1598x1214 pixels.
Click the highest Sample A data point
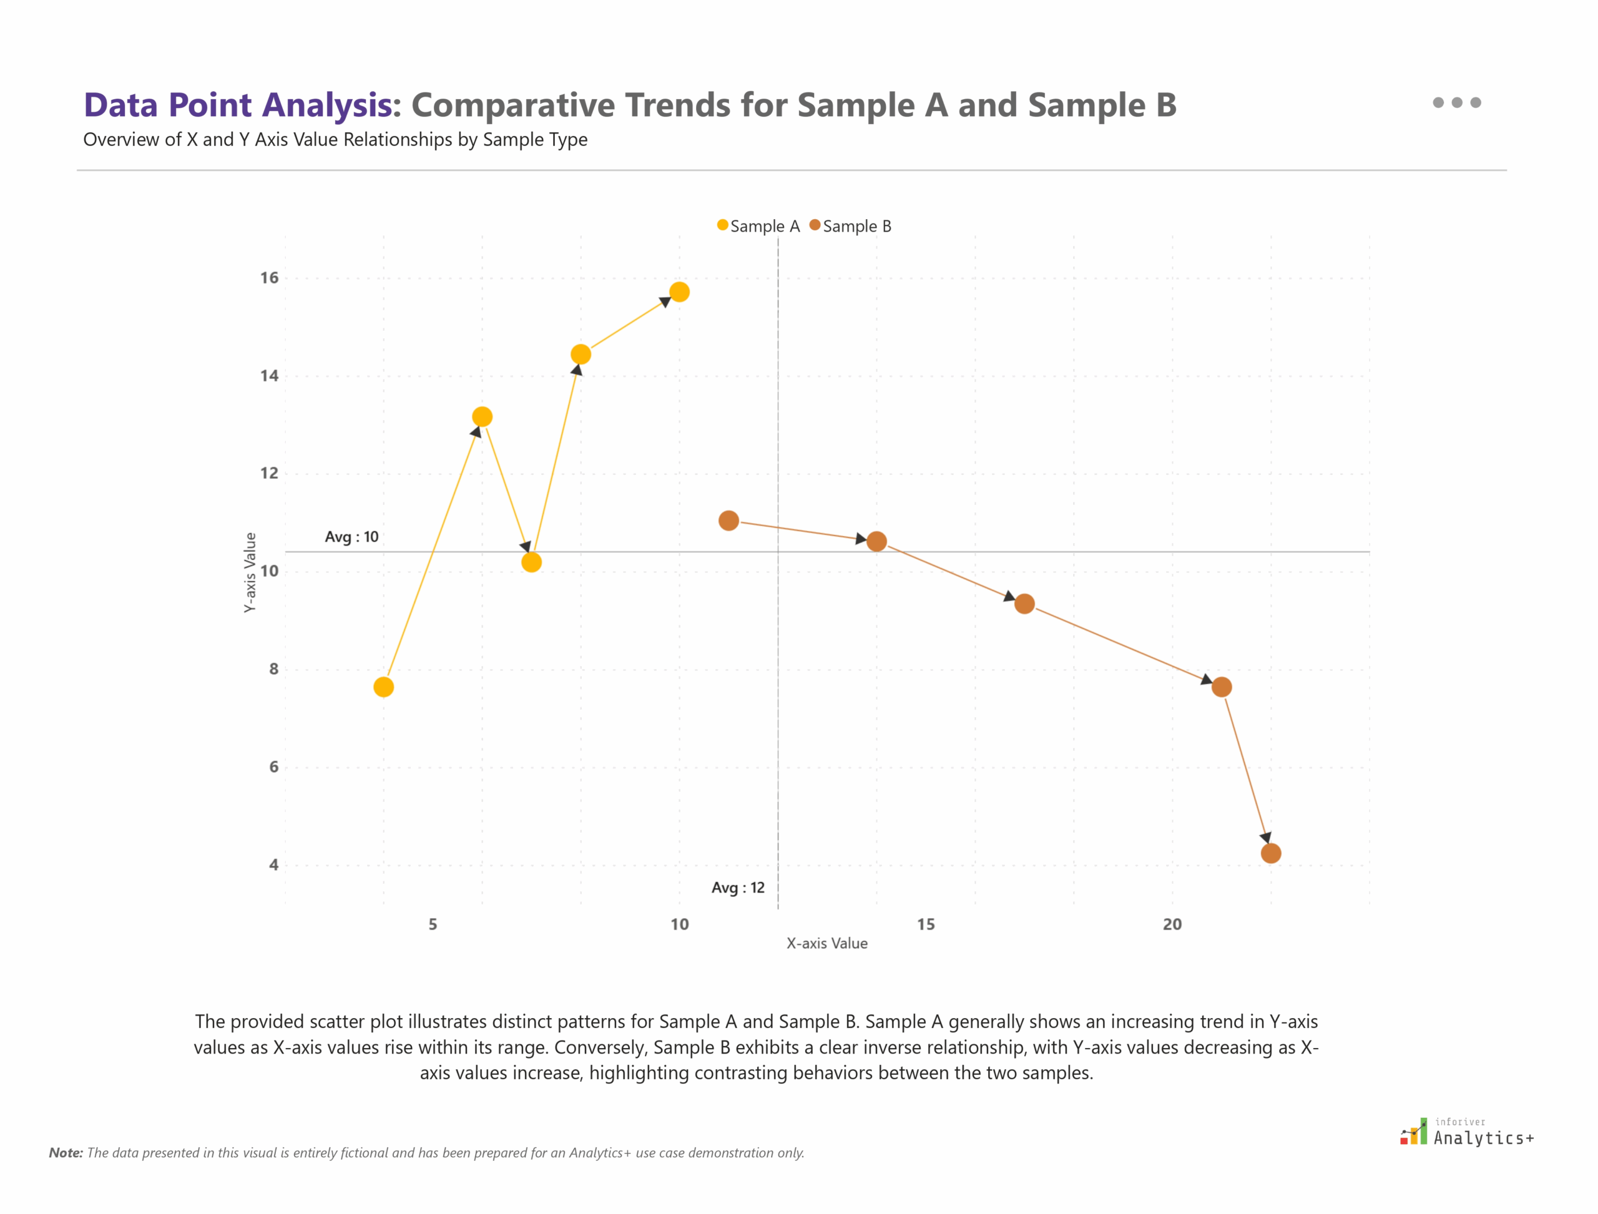(679, 292)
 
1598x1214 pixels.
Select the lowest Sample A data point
(384, 687)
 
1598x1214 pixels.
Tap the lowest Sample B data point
(1270, 853)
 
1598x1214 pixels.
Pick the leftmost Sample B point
(728, 521)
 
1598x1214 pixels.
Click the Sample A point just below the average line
(531, 562)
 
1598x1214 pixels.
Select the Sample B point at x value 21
(1222, 687)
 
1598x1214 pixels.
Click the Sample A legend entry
(758, 226)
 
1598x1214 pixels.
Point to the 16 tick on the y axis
(269, 278)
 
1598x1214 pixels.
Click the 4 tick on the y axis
(273, 865)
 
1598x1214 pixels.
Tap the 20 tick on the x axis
(1172, 924)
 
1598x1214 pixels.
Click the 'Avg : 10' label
(351, 537)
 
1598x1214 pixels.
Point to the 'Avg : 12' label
(737, 888)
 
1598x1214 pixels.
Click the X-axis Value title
(827, 943)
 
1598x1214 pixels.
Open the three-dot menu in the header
(1456, 102)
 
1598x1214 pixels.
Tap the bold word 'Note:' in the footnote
(66, 1153)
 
